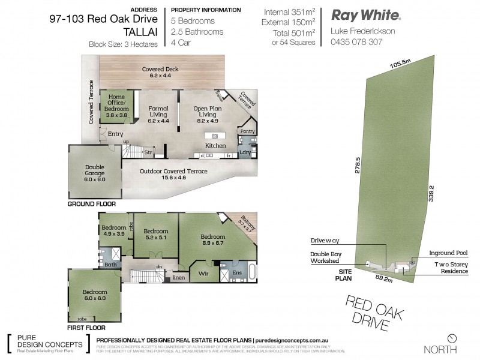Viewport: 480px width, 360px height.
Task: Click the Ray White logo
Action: pos(367,15)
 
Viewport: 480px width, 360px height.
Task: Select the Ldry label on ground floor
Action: pos(244,152)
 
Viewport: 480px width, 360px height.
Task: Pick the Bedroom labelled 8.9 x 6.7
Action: pos(214,240)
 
